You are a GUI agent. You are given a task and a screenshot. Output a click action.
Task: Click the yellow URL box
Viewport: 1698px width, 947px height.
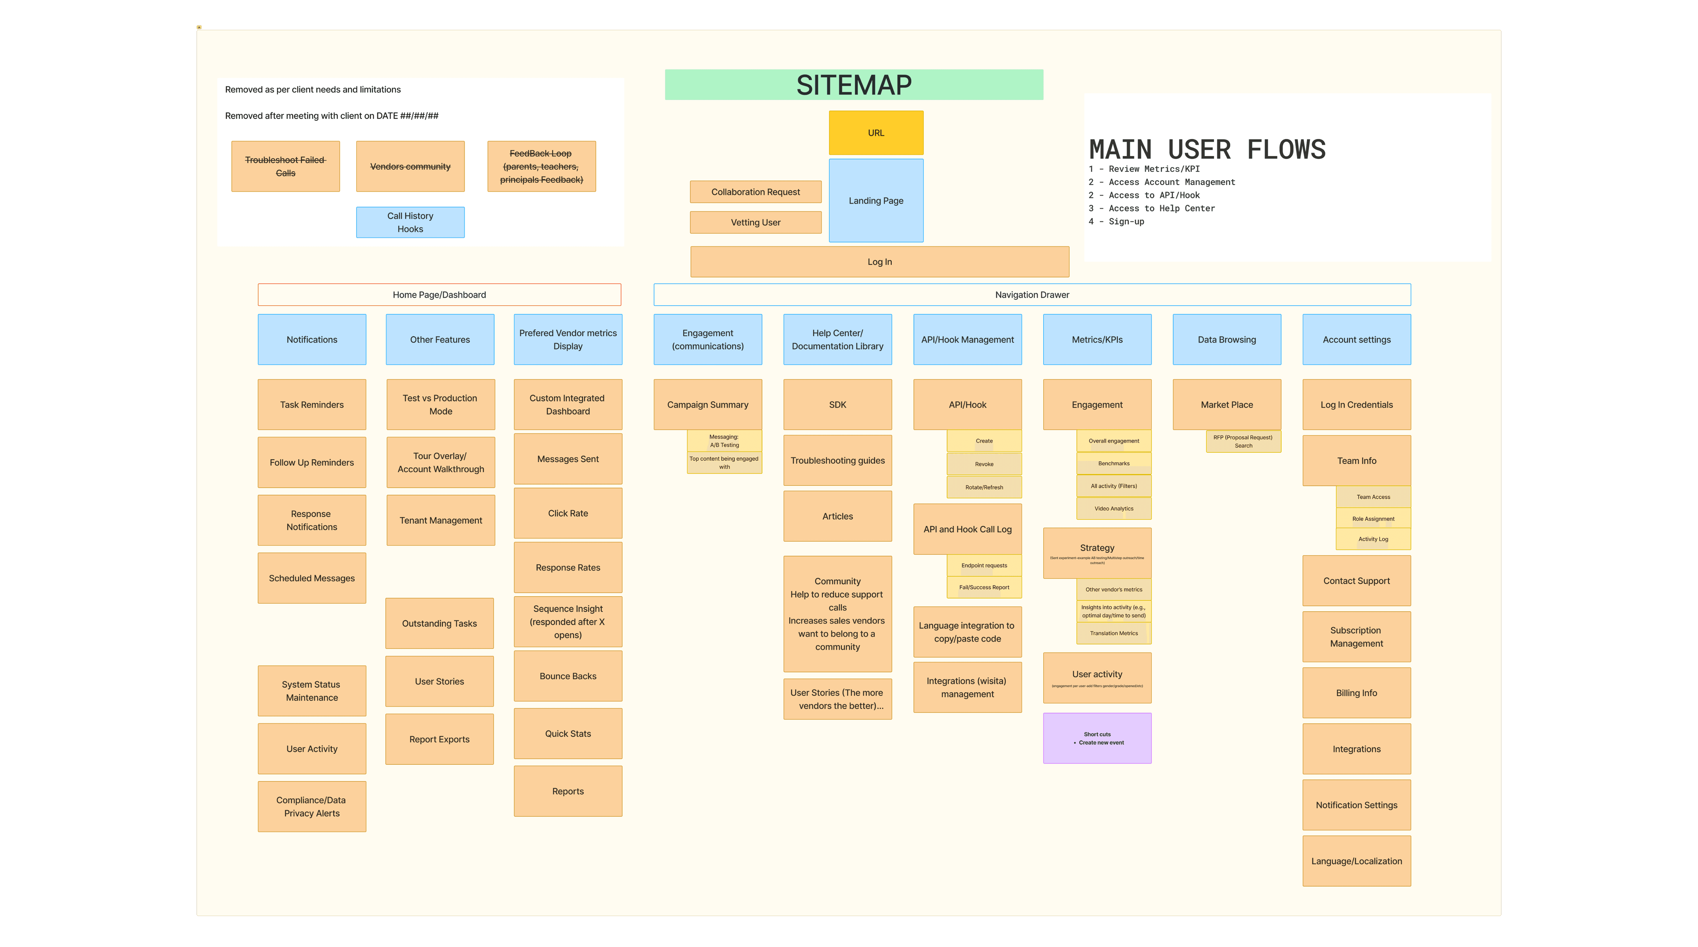click(875, 132)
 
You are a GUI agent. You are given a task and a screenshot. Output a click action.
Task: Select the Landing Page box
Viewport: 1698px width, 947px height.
click(875, 200)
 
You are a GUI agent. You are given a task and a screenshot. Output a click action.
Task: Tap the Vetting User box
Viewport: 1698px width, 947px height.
click(755, 222)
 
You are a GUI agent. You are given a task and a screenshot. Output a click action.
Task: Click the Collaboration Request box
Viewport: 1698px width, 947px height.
click(755, 192)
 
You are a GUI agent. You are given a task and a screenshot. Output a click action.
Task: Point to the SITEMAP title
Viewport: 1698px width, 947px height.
click(853, 85)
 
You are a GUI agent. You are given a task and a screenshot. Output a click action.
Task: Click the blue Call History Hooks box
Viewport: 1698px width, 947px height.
click(410, 222)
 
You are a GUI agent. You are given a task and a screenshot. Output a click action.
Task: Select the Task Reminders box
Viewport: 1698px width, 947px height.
click(312, 405)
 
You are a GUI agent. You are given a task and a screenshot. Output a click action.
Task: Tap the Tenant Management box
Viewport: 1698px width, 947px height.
click(440, 520)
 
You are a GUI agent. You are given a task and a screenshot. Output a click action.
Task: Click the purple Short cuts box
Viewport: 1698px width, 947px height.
click(1097, 738)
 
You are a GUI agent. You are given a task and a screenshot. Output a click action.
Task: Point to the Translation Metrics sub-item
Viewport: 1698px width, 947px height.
click(1113, 633)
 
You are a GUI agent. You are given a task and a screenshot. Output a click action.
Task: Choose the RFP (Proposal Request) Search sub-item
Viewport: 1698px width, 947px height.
click(1243, 442)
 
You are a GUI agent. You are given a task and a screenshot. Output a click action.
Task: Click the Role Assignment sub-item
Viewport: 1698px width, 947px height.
click(1373, 519)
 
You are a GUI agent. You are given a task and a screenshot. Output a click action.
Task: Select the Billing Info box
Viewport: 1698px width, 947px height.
click(1356, 693)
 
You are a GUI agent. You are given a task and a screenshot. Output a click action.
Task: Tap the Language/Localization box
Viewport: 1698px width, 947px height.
click(1356, 861)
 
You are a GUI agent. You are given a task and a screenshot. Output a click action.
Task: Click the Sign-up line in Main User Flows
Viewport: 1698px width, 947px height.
click(1126, 221)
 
